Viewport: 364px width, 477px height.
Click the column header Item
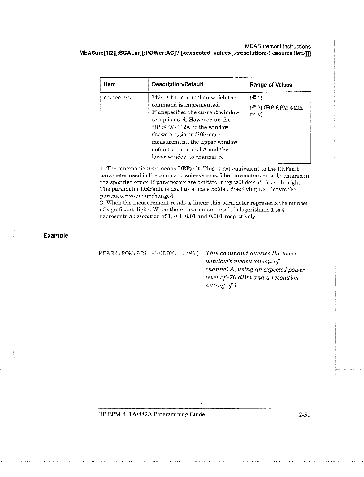point(110,84)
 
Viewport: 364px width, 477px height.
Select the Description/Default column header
point(177,84)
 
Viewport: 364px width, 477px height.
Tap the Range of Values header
point(271,85)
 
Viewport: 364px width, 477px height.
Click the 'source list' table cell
point(117,98)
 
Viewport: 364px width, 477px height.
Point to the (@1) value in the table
point(256,98)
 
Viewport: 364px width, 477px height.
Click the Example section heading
point(56,236)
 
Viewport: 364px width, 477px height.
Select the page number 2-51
point(304,415)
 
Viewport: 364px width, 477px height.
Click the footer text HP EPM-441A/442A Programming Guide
point(151,414)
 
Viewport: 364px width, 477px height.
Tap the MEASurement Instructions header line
point(278,47)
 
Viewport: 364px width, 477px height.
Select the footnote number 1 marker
point(102,169)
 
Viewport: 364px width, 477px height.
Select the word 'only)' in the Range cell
point(256,115)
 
